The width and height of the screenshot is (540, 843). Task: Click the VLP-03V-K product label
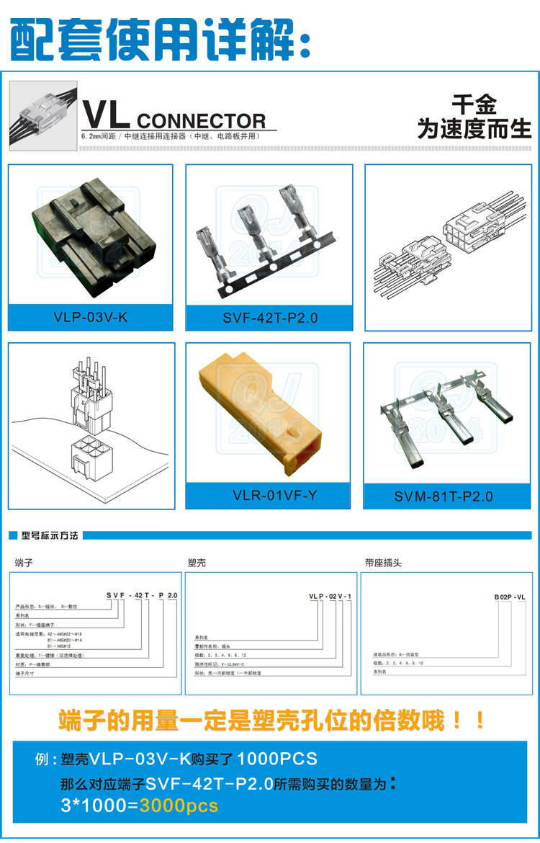pyautogui.click(x=90, y=316)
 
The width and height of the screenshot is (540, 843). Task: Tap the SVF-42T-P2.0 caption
pyautogui.click(x=269, y=317)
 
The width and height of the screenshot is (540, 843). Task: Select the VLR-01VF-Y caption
pyautogui.click(x=268, y=496)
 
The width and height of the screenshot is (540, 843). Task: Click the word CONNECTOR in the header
pyautogui.click(x=201, y=121)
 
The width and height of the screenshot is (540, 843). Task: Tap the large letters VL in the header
pyautogui.click(x=105, y=115)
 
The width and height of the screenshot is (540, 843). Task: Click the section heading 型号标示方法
pyautogui.click(x=50, y=536)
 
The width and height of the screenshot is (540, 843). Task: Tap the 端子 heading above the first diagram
pyautogui.click(x=24, y=562)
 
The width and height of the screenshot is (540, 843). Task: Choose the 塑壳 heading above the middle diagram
pyautogui.click(x=197, y=562)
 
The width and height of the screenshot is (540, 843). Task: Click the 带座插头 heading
pyautogui.click(x=384, y=562)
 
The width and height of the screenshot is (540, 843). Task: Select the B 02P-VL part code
pyautogui.click(x=510, y=597)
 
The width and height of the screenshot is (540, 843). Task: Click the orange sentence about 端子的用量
pyautogui.click(x=272, y=720)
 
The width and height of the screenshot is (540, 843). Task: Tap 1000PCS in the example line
pyautogui.click(x=276, y=758)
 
